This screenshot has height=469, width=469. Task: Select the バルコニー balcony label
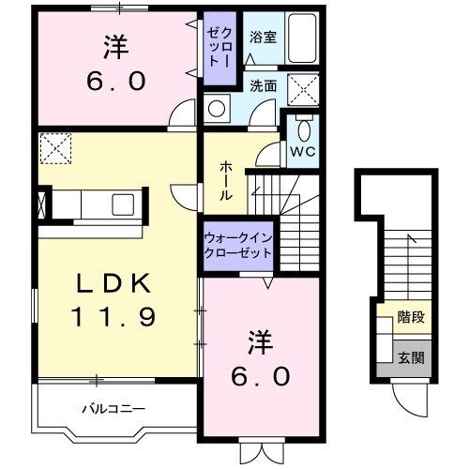112,409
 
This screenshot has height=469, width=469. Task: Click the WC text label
303,150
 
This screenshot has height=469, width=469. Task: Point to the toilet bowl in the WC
303,129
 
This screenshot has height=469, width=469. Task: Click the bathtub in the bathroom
301,37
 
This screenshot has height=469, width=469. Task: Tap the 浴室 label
262,38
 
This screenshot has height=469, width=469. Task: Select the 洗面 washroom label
263,85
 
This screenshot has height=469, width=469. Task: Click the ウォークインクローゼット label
238,246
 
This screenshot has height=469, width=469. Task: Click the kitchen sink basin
119,204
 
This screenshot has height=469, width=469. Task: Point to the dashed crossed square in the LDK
54,146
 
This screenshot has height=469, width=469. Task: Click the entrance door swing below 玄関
406,399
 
